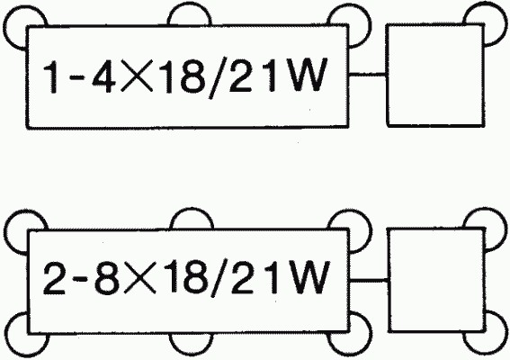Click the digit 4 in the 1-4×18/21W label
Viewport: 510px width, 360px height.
[x=104, y=76]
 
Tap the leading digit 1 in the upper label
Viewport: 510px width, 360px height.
[x=51, y=76]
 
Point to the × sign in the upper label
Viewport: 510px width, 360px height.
[x=137, y=76]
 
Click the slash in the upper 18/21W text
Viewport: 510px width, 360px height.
[x=218, y=77]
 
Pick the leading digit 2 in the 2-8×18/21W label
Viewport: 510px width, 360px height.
[x=54, y=279]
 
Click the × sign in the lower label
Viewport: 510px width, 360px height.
[x=139, y=279]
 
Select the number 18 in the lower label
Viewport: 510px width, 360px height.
[x=185, y=277]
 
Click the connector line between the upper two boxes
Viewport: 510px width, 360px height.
[x=367, y=75]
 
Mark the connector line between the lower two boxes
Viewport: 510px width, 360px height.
[x=369, y=280]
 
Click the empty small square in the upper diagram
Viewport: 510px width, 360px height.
[x=434, y=75]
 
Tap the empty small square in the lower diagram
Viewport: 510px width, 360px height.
[x=436, y=280]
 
